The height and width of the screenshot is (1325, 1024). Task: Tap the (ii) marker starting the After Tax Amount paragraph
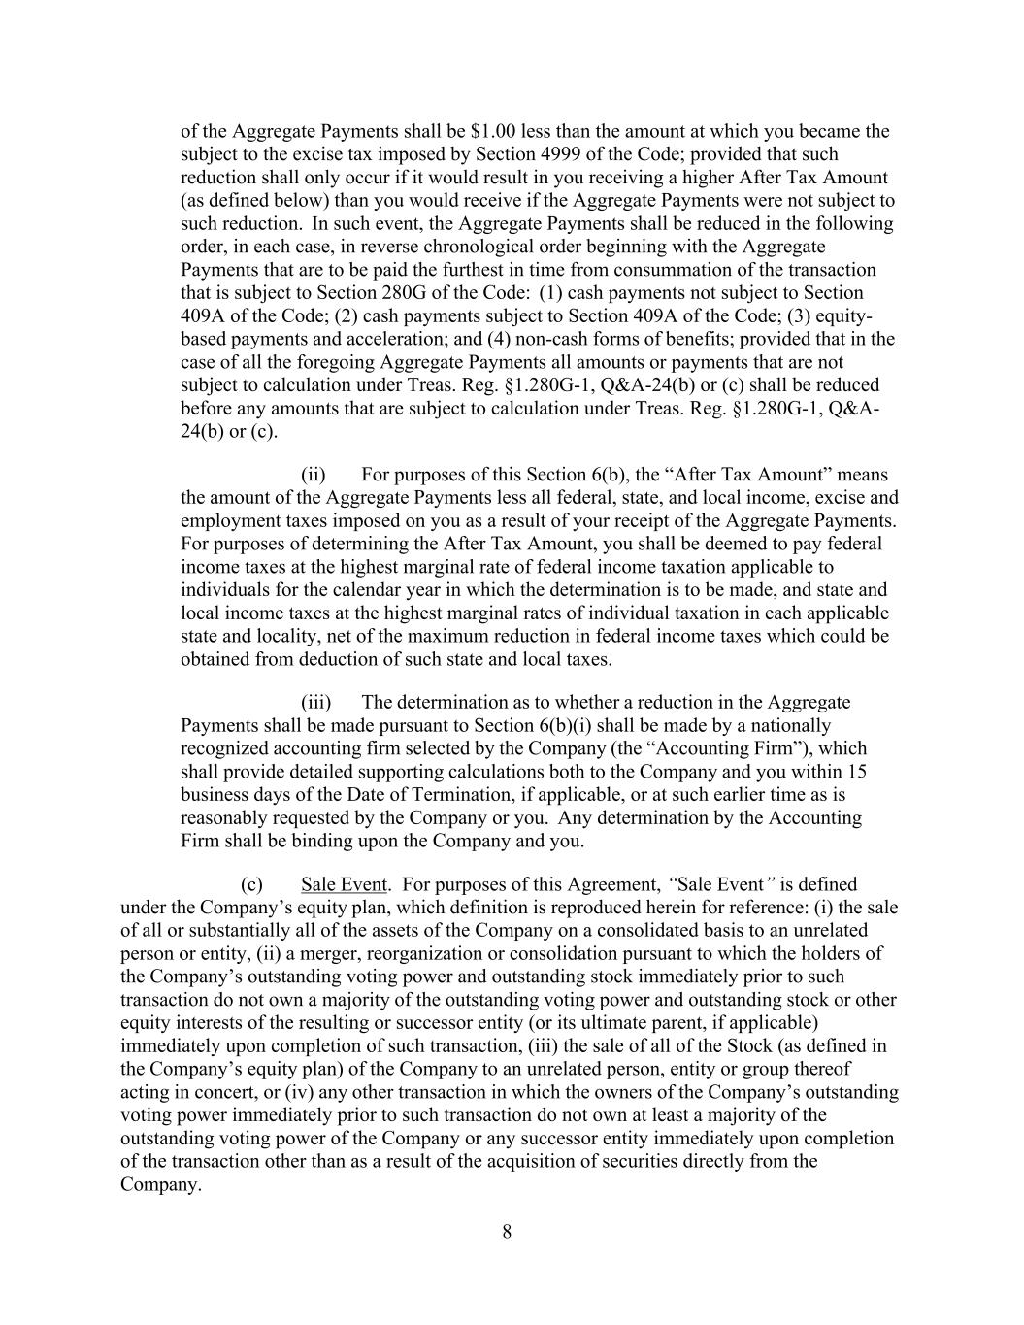point(314,475)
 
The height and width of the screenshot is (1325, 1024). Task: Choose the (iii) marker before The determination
point(316,702)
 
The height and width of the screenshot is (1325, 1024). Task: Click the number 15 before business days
point(856,772)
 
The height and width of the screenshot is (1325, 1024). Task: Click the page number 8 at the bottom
point(507,1233)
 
